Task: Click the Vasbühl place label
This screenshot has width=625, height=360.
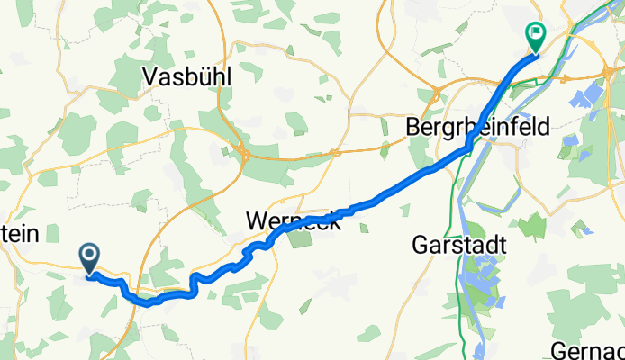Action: [187, 78]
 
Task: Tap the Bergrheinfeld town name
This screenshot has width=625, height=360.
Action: [477, 129]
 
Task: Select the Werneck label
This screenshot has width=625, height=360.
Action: [294, 222]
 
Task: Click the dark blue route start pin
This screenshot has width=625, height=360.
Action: [91, 258]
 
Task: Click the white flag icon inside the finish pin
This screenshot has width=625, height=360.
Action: [536, 34]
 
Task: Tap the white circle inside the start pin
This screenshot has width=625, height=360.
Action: [91, 255]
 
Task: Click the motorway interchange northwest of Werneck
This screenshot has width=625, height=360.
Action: [244, 153]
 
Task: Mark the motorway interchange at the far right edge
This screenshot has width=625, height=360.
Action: [618, 72]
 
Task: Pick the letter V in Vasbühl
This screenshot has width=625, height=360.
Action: [150, 78]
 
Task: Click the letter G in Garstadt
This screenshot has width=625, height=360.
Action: [419, 245]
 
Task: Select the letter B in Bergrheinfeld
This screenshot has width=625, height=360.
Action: [414, 129]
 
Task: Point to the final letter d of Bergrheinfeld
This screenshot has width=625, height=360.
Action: [543, 129]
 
